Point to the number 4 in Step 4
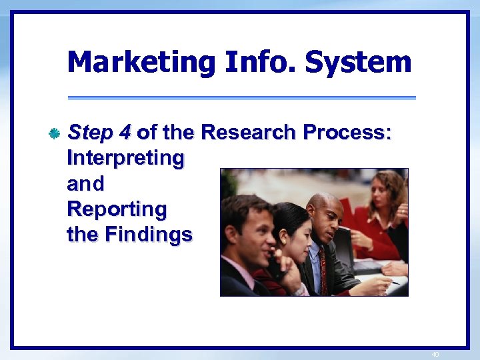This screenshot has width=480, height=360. [x=125, y=133]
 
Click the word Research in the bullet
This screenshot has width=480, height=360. [x=248, y=133]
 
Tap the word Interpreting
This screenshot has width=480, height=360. [x=125, y=158]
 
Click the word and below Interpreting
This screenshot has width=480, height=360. [x=86, y=183]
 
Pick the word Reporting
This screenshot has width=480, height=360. [x=117, y=209]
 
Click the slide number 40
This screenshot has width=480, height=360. [x=435, y=355]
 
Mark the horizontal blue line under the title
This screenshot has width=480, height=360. [x=241, y=98]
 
